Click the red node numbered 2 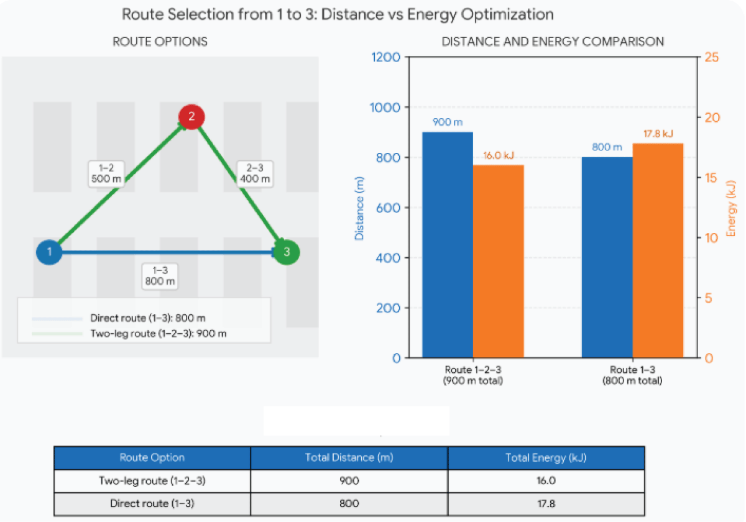[x=191, y=117]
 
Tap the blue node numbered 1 [x=49, y=252]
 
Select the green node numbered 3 [x=287, y=252]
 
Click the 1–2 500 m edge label [x=106, y=173]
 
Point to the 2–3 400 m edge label [x=255, y=173]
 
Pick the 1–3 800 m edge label [x=160, y=277]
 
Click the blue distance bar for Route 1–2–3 [x=448, y=245]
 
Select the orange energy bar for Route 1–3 [x=658, y=250]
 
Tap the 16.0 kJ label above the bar [x=499, y=155]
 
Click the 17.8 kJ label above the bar [x=658, y=134]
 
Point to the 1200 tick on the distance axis [x=385, y=57]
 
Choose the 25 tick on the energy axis [x=712, y=57]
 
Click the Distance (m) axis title [x=359, y=208]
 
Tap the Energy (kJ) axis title [x=730, y=208]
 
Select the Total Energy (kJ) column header [x=546, y=458]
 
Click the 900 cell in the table [x=349, y=481]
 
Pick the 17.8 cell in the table [x=546, y=503]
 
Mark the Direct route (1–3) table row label [x=152, y=503]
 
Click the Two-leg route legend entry [x=129, y=334]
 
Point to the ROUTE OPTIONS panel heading [x=160, y=42]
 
